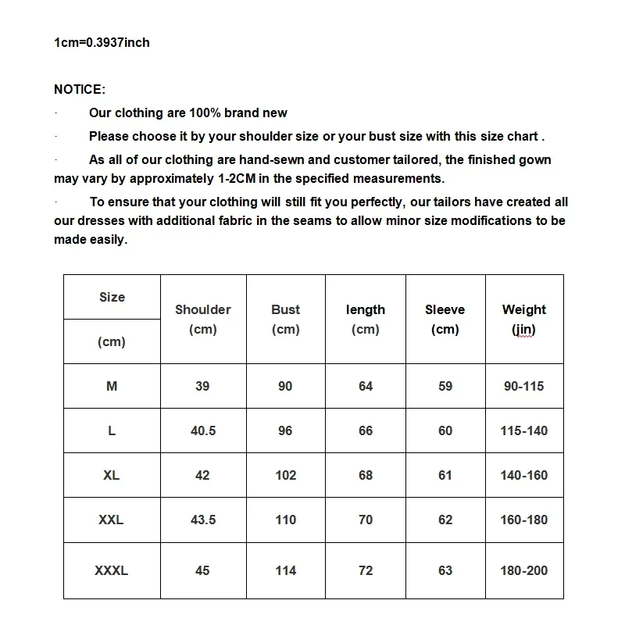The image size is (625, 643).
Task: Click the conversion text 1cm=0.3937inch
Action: pos(102,42)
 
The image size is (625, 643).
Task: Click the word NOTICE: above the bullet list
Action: pos(80,90)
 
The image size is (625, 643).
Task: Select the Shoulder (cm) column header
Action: pos(203,319)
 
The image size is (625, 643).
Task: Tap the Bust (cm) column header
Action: pos(286,319)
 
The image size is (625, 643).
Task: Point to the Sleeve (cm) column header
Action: pos(445,319)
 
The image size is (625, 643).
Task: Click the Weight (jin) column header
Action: pos(524,319)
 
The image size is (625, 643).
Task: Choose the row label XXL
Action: pos(111,520)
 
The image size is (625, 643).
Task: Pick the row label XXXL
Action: pos(111,571)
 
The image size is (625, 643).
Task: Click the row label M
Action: pos(111,386)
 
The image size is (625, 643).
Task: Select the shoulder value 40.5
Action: pos(203,430)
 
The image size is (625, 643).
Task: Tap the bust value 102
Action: pos(286,475)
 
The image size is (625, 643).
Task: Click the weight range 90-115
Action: pos(524,386)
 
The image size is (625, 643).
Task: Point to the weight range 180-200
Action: pos(524,571)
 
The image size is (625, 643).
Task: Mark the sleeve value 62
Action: pos(445,520)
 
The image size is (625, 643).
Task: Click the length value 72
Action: pos(366,571)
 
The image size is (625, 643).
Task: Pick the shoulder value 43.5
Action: pos(203,520)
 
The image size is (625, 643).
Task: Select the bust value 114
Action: pos(286,571)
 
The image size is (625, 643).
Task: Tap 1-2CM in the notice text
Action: pos(238,179)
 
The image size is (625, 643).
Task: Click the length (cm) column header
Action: pos(366,319)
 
